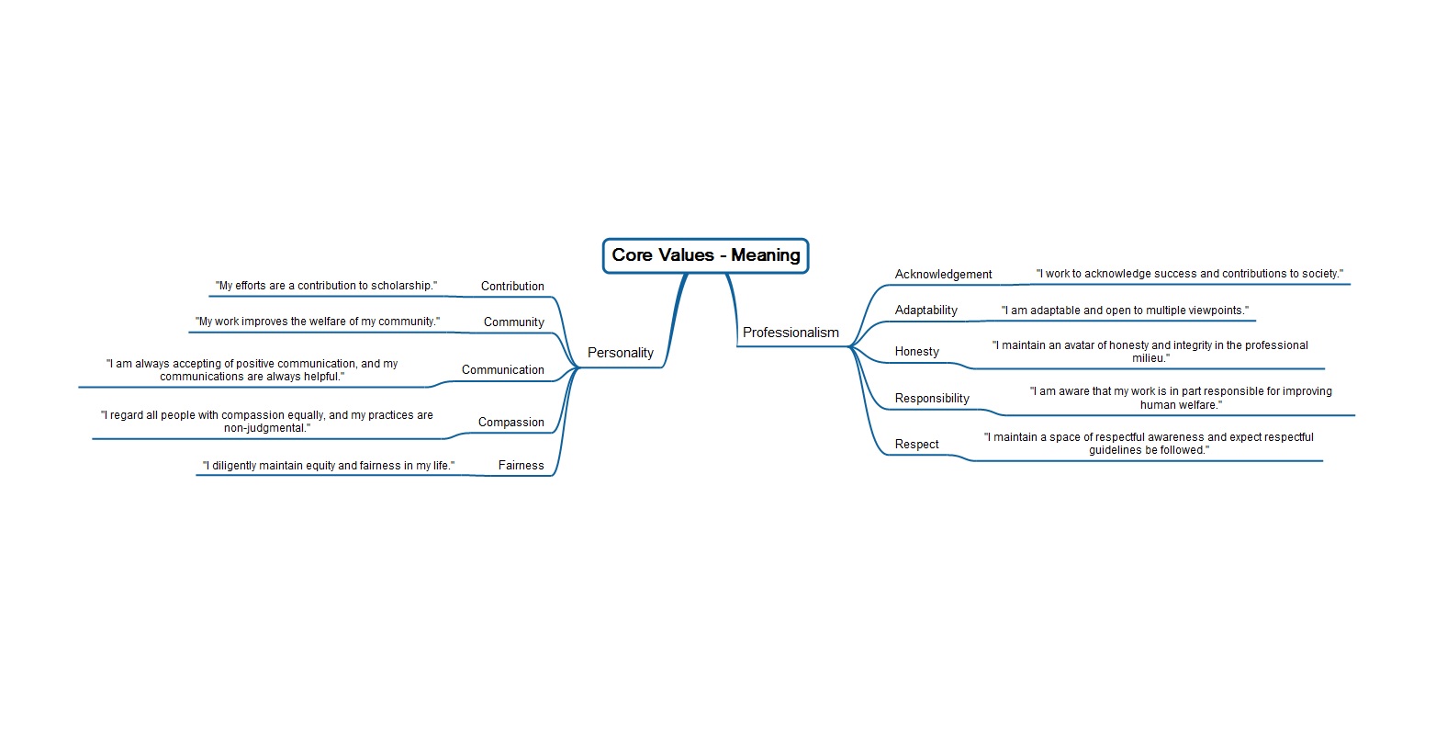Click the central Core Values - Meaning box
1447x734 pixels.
pos(705,255)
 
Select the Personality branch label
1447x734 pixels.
pos(620,353)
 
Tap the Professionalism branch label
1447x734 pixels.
pos(791,333)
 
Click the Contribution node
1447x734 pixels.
pos(512,287)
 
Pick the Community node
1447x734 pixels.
pos(513,322)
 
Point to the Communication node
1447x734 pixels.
pos(502,370)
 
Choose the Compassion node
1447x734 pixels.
pos(510,423)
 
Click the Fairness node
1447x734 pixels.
pos(521,466)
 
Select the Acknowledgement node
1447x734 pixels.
pos(943,275)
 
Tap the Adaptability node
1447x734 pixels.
pos(925,311)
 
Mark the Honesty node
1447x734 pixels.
pos(916,352)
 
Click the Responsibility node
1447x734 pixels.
pos(932,399)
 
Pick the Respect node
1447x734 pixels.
pos(916,445)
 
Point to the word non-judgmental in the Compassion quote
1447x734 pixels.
pos(265,428)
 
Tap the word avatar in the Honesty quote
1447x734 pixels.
pos(1080,345)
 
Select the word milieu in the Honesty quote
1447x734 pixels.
pos(1149,358)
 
